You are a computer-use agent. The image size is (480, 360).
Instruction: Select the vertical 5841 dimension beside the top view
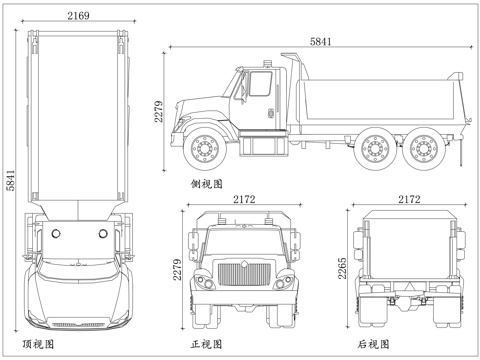pyautogui.click(x=10, y=179)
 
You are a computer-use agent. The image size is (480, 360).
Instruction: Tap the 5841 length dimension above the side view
pyautogui.click(x=319, y=41)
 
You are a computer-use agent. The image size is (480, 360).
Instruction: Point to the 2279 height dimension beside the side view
pyautogui.click(x=158, y=118)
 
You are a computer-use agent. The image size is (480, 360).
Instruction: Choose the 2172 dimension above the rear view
pyautogui.click(x=409, y=200)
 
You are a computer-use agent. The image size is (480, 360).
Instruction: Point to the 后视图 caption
pyautogui.click(x=373, y=344)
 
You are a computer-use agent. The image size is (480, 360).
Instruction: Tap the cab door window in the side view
pyautogui.click(x=259, y=86)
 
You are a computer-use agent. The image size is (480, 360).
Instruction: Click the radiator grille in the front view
pyautogui.click(x=244, y=276)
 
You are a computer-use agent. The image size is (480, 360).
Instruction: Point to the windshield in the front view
pyautogui.click(x=244, y=241)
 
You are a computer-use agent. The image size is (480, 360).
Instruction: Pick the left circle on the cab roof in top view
pyautogui.click(x=56, y=232)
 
